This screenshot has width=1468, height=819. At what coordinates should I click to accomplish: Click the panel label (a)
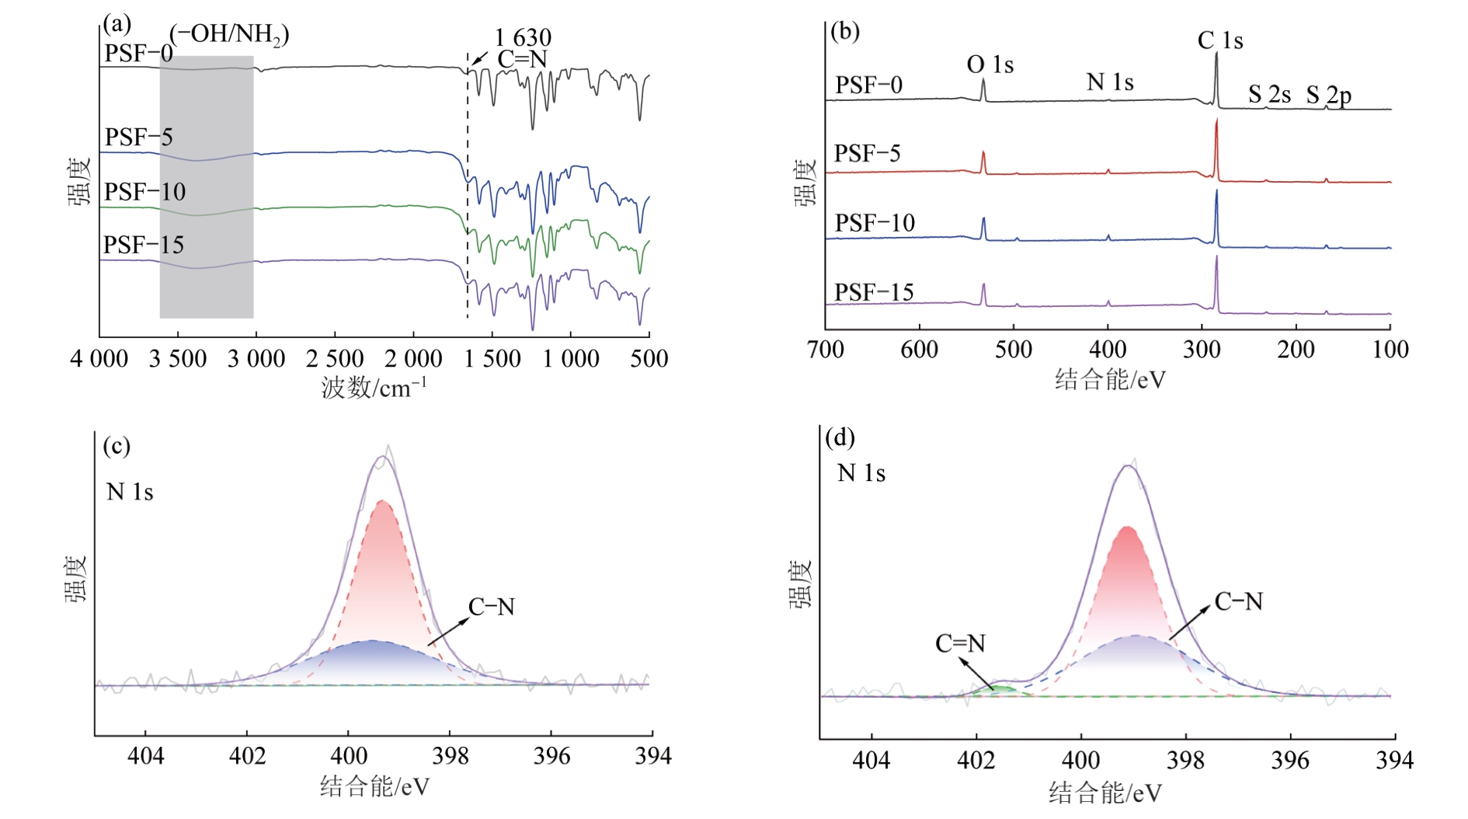coord(117,24)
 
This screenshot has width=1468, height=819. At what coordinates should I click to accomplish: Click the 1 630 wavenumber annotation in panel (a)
coord(523,37)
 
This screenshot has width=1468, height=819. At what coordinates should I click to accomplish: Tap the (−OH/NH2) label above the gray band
coord(229,34)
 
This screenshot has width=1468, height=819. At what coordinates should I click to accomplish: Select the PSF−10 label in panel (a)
coord(144,192)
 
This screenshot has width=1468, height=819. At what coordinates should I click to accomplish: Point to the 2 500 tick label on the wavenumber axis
coord(335,359)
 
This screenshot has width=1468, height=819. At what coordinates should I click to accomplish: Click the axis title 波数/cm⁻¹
coord(374,386)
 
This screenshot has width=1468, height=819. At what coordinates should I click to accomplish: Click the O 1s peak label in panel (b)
coord(990,64)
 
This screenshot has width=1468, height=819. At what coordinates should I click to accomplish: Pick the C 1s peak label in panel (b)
coord(1219,40)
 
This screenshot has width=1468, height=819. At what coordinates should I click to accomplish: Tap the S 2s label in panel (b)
coord(1269,95)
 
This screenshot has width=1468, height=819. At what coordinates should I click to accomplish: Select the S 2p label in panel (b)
coord(1328,96)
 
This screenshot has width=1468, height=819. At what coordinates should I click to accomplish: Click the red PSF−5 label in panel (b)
coord(867,154)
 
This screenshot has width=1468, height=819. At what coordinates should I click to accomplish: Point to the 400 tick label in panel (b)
coord(1108,350)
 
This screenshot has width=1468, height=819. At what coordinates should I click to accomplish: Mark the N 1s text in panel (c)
coord(130,492)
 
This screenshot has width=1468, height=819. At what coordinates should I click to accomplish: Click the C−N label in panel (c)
coord(491,607)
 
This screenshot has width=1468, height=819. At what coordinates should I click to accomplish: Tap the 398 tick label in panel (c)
coord(450,756)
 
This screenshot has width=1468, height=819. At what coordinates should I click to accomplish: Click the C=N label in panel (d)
coord(960,643)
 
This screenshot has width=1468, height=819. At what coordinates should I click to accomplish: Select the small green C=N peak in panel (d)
coord(1002,689)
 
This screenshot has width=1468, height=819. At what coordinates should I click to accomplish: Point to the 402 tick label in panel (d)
coord(976,760)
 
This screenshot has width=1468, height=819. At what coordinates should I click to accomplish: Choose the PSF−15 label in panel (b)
coord(874,293)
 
